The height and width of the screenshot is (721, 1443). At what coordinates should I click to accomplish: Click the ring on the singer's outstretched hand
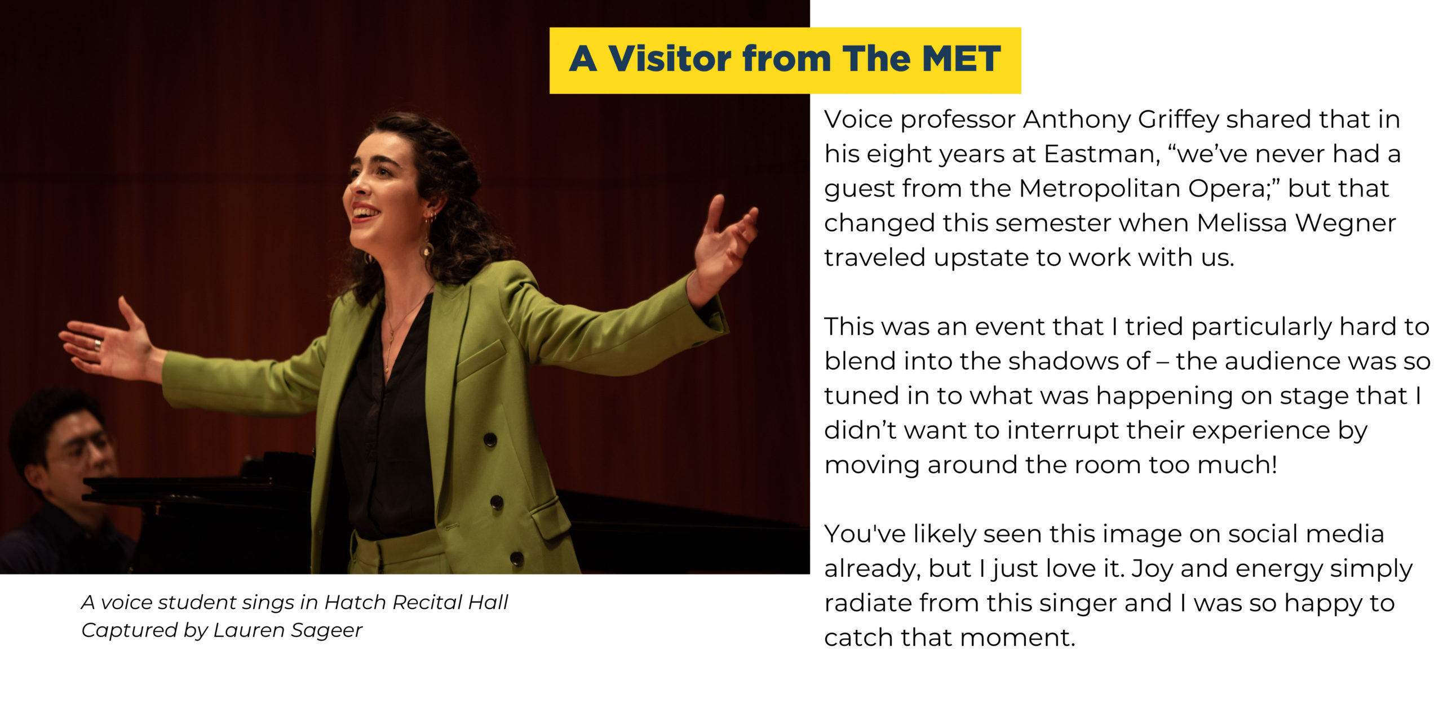click(98, 344)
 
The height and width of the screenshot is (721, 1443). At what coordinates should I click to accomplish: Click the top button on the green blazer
click(490, 440)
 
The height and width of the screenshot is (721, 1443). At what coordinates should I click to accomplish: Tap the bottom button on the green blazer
click(516, 558)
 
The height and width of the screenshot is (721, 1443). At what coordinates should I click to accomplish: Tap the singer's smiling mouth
click(365, 213)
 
